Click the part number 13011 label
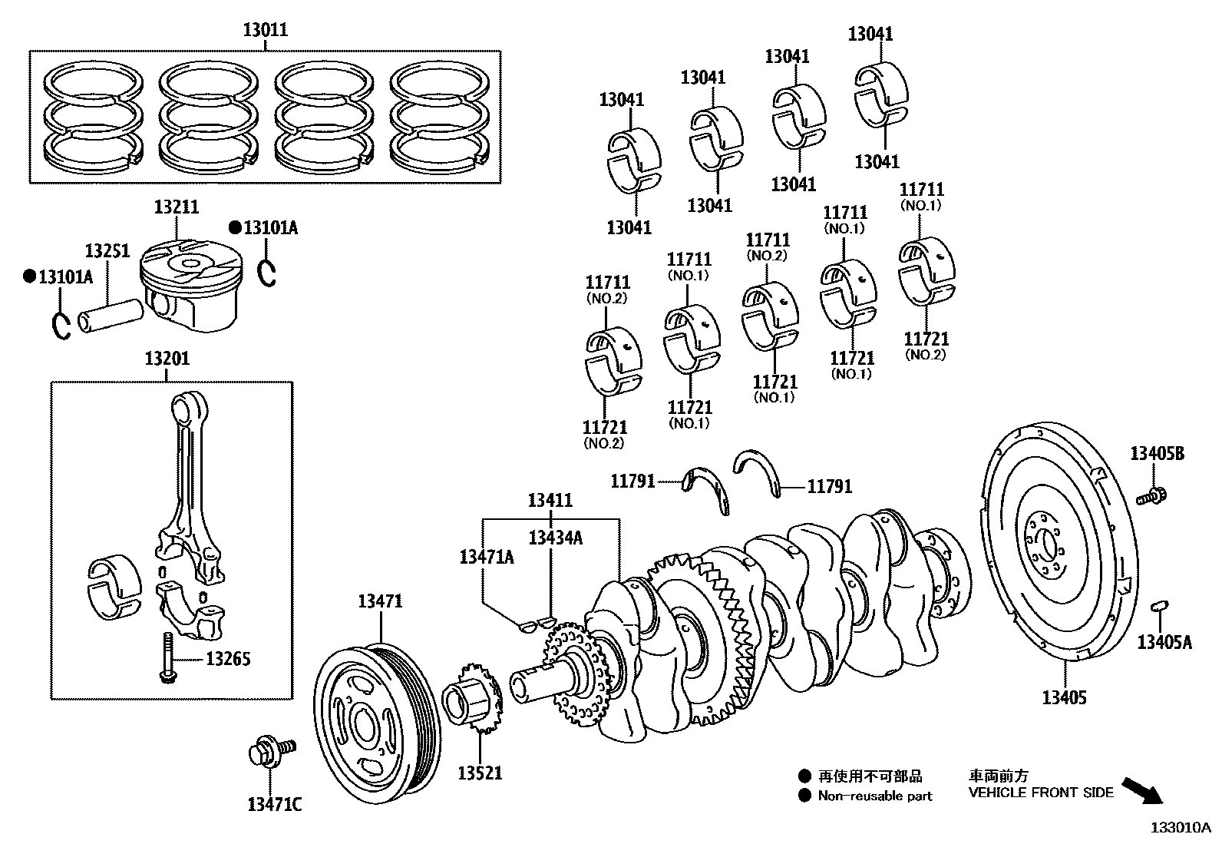[265, 30]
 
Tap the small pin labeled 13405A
[1159, 607]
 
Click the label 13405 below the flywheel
[1064, 698]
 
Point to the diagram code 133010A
[1180, 828]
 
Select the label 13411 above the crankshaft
[550, 500]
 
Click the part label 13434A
[554, 538]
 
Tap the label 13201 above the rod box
[167, 359]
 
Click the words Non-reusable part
[874, 796]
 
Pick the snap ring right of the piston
[266, 273]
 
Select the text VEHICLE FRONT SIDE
[1040, 793]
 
